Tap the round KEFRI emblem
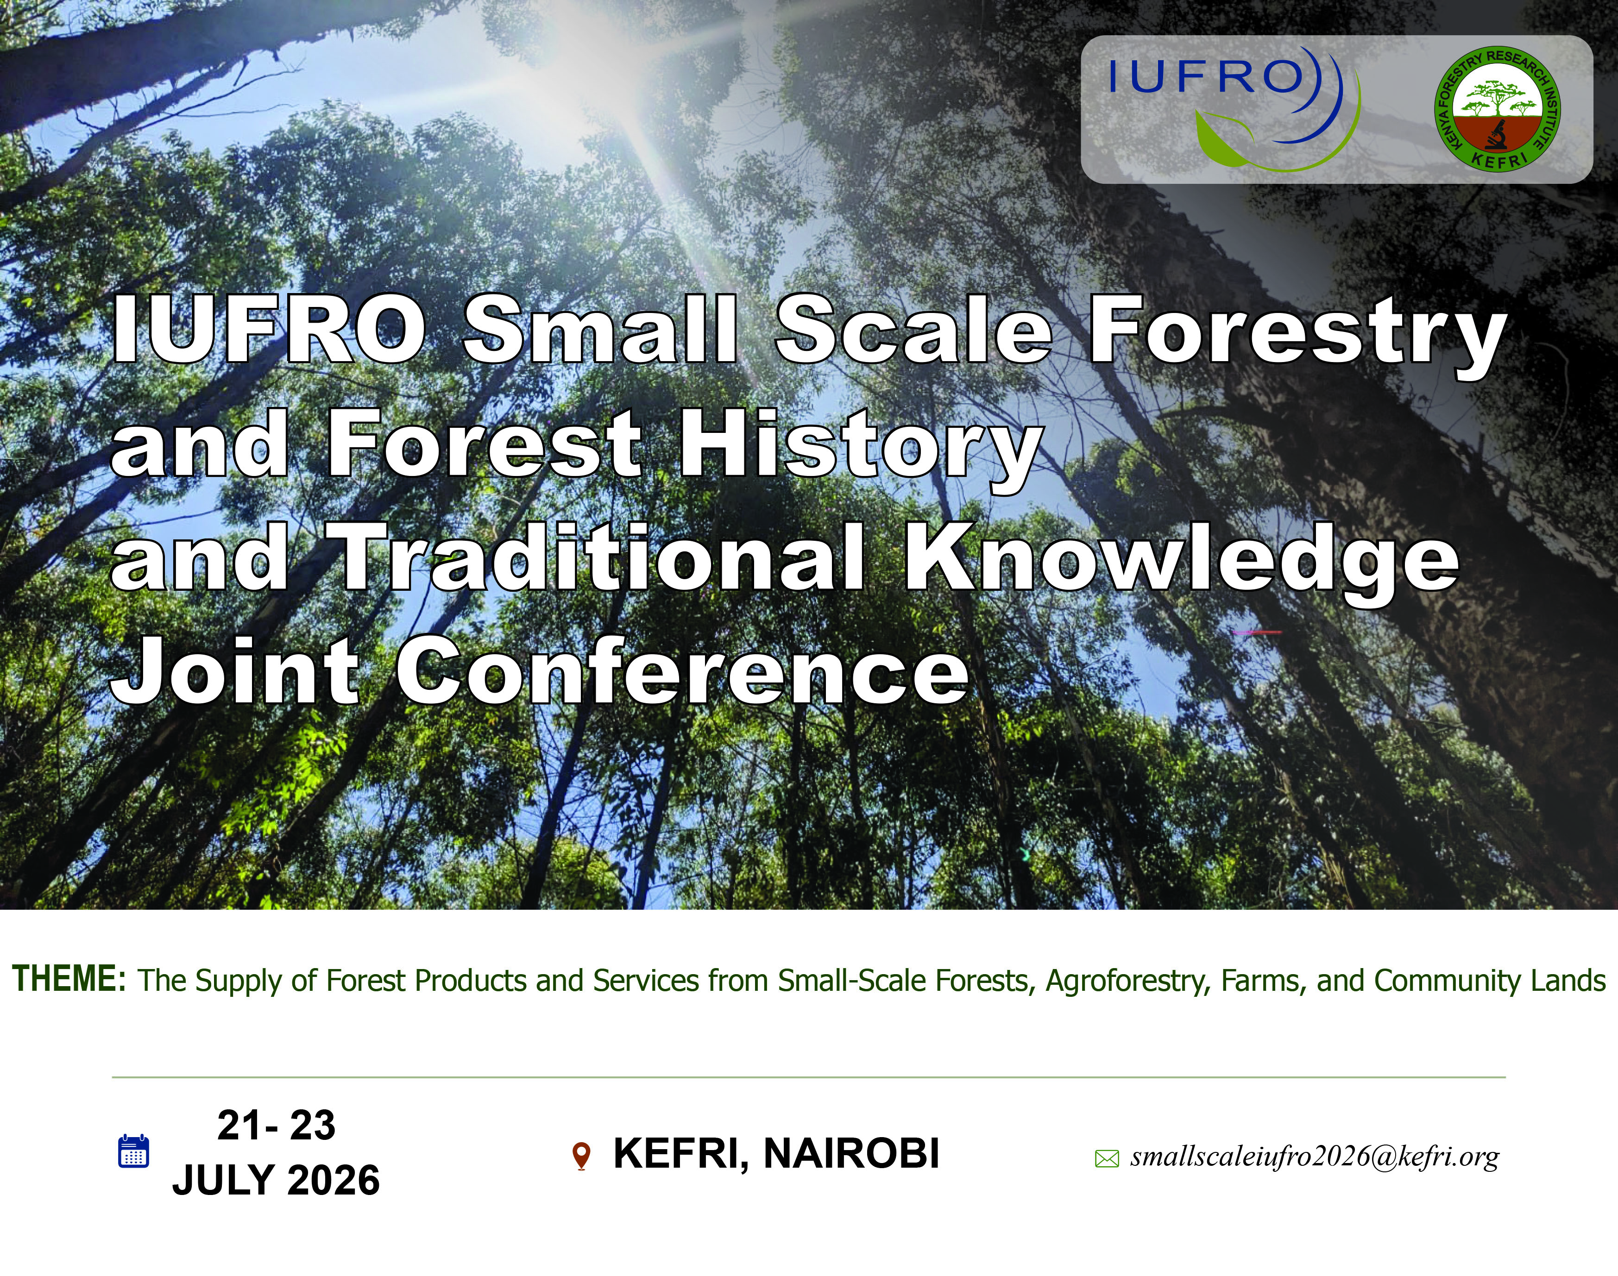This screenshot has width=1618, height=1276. point(1497,110)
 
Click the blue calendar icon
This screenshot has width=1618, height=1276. point(134,1151)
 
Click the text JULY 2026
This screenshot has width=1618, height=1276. point(276,1180)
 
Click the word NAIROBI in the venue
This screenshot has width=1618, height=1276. point(851,1153)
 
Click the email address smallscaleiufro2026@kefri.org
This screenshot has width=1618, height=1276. point(1315,1157)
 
